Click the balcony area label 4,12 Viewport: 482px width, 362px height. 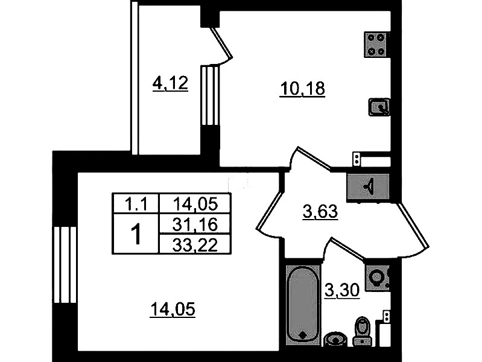point(170,83)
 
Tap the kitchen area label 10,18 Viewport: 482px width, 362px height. point(302,89)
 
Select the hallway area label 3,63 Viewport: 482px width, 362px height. point(320,212)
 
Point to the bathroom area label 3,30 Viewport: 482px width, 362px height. point(342,290)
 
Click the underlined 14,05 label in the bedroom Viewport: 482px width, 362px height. point(173,309)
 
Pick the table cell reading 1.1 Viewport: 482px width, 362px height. point(136,204)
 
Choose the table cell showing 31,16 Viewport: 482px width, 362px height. point(195,224)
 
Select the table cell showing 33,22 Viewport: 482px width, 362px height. point(195,245)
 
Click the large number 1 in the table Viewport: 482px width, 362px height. point(136,234)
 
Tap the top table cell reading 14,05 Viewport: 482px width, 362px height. point(195,203)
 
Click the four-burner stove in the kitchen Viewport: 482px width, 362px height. point(377,44)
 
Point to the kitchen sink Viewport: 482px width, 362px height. point(379,107)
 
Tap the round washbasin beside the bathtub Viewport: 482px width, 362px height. point(335,339)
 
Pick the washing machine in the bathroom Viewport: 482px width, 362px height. point(378,278)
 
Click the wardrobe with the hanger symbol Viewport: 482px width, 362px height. point(368,186)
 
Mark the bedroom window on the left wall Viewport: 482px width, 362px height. point(65,265)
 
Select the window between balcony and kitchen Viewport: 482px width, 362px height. point(210,96)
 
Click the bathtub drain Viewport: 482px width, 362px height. point(303,335)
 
